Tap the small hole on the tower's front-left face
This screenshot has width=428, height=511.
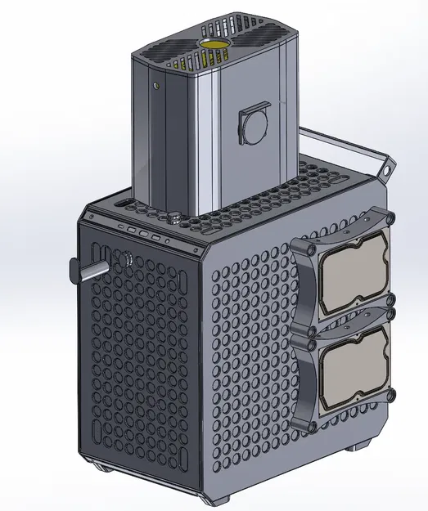155,84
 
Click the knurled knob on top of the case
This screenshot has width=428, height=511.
174,219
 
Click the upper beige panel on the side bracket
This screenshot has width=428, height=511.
353,271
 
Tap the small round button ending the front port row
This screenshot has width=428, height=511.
166,241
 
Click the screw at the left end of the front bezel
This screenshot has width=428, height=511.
91,216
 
